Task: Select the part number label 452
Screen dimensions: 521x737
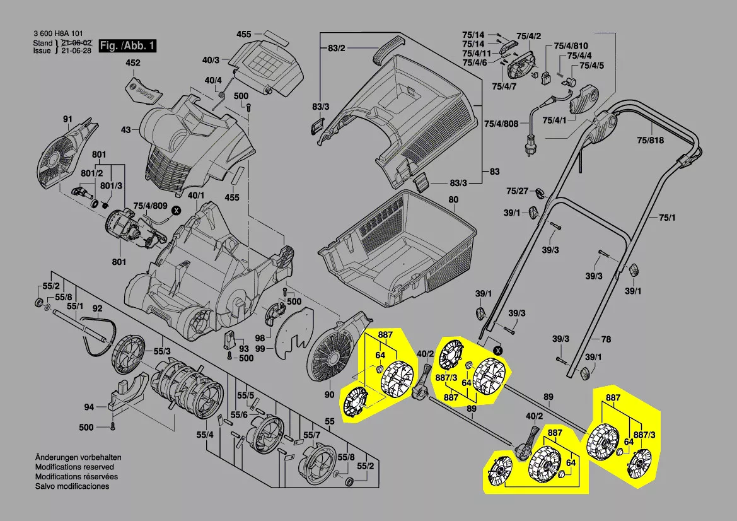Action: click(132, 63)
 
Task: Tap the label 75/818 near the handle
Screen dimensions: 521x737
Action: click(649, 141)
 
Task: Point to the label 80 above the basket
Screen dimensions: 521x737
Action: click(453, 201)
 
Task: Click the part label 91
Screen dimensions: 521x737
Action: click(67, 119)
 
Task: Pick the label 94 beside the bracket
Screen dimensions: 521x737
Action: click(89, 407)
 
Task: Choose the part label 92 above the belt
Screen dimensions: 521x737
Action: click(97, 308)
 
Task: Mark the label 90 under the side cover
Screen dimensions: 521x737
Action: click(329, 395)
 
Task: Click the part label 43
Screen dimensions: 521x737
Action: click(125, 130)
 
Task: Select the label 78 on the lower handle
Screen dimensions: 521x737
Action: click(606, 339)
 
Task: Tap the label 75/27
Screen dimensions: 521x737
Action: click(517, 191)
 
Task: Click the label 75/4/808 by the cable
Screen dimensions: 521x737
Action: click(502, 124)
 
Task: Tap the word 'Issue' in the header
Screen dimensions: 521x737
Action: click(42, 50)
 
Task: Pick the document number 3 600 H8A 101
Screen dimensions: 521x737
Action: click(57, 34)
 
